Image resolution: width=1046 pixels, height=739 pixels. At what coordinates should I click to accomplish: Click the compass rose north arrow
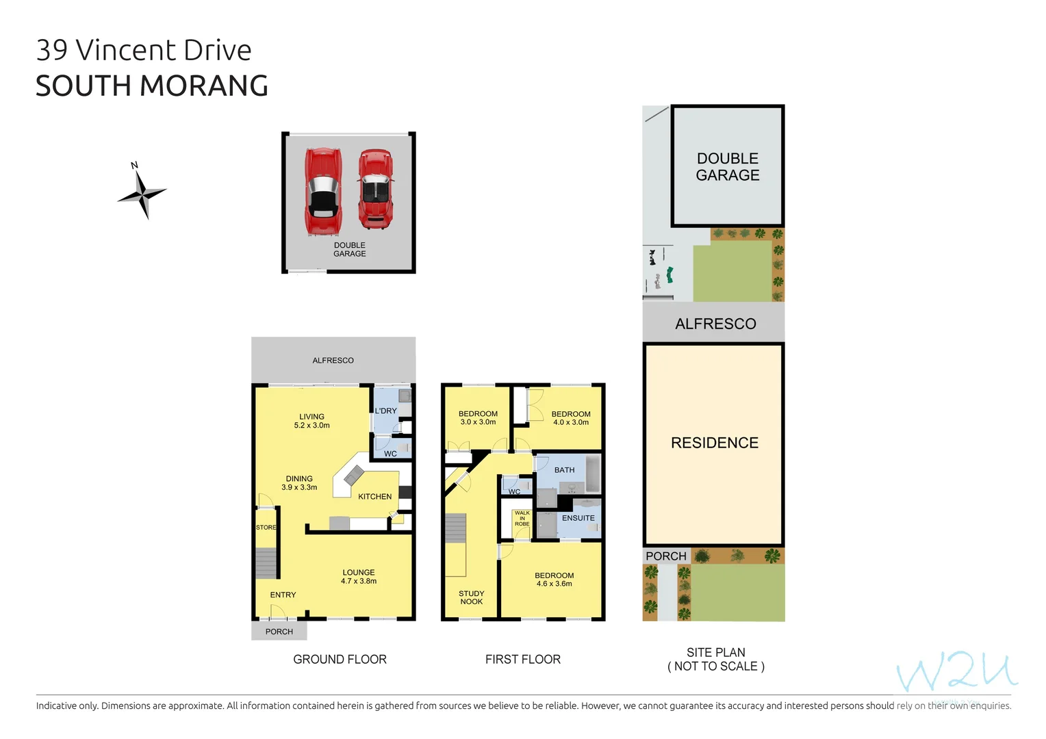(142, 194)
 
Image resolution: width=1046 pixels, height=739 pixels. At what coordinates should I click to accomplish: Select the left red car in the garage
(323, 191)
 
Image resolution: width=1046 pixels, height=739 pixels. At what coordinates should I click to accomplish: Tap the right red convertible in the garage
(375, 189)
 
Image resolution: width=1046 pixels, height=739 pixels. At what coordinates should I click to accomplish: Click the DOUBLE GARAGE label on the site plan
(727, 167)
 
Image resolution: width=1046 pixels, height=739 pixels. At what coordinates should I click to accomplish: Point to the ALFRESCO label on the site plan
(715, 324)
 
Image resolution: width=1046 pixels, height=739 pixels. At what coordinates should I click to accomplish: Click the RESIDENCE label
(714, 443)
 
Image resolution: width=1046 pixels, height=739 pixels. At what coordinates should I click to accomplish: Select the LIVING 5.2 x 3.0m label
(311, 421)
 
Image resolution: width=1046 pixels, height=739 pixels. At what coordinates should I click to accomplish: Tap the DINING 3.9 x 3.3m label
(299, 483)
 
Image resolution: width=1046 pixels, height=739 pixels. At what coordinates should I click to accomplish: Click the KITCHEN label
(374, 497)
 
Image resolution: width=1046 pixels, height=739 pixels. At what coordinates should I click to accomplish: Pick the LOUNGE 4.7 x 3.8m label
(359, 577)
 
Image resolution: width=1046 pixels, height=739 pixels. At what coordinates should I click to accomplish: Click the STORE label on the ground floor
(266, 528)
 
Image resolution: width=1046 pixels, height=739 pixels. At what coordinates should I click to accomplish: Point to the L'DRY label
(385, 411)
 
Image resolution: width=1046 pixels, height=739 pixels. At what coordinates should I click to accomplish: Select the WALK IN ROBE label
(522, 518)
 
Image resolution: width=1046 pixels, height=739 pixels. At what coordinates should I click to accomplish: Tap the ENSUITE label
(578, 518)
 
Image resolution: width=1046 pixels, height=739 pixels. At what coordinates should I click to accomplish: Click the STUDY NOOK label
(471, 597)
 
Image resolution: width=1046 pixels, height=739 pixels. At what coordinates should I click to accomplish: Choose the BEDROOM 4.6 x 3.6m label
(554, 580)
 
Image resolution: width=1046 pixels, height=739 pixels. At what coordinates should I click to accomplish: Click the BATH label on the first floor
(564, 470)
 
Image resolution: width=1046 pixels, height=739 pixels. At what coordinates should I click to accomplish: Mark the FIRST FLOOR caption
(522, 660)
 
